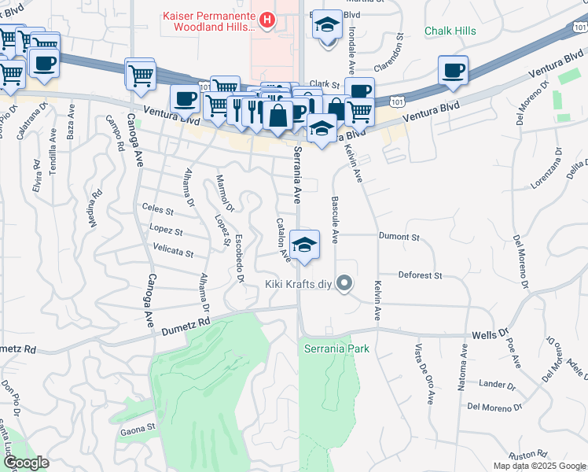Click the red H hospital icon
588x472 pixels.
tap(268, 19)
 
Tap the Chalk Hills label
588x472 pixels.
tap(451, 31)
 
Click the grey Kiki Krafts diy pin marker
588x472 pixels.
tap(344, 283)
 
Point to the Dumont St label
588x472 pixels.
tap(399, 236)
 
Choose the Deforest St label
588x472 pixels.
tap(421, 276)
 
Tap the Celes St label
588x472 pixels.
tap(157, 209)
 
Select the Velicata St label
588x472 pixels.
tap(173, 253)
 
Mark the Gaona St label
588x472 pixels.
tap(139, 431)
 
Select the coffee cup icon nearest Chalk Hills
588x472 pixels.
tap(453, 70)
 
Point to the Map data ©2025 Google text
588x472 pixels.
tap(538, 466)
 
